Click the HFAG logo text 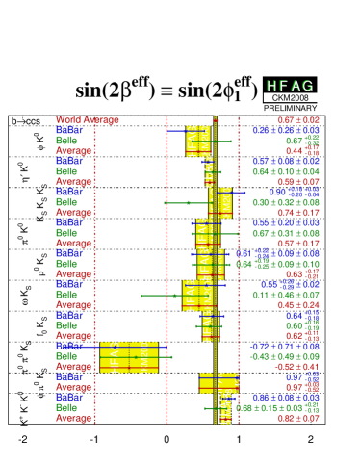click(290, 85)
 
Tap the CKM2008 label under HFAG click(290, 97)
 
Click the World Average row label click(88, 120)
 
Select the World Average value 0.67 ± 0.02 click(297, 120)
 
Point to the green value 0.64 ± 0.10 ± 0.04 click(286, 171)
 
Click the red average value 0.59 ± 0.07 click(297, 181)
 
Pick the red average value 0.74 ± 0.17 click(297, 212)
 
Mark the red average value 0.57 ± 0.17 click(297, 243)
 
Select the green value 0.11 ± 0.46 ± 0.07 click(286, 295)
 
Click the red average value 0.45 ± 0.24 click(297, 304)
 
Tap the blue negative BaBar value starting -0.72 click(284, 346)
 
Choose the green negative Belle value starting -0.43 click(284, 356)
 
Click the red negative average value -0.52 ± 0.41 click(296, 366)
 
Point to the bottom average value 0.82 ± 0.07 click(297, 418)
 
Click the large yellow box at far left click(129, 356)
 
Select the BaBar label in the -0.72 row click(69, 346)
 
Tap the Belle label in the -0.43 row click(66, 356)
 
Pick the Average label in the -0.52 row click(74, 366)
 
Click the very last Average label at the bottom click(74, 418)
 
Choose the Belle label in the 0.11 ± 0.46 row click(66, 295)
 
